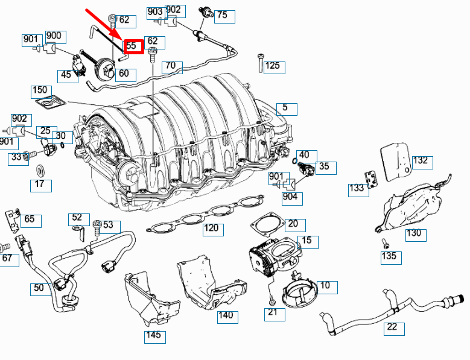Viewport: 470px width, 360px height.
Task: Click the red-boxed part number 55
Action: (x=133, y=46)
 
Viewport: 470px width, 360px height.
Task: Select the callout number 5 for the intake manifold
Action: (x=286, y=109)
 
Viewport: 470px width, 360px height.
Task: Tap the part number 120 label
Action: (x=211, y=229)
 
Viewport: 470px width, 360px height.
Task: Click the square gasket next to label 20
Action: (x=266, y=225)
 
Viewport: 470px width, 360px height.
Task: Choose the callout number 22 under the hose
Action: (x=392, y=328)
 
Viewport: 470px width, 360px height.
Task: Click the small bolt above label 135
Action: (x=384, y=242)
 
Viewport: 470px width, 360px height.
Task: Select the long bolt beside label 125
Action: (x=259, y=63)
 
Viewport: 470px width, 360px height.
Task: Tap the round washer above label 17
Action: (x=40, y=170)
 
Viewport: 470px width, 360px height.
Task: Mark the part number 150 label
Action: (x=40, y=91)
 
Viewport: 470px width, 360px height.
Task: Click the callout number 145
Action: (x=154, y=335)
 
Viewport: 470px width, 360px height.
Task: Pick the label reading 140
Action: (x=225, y=316)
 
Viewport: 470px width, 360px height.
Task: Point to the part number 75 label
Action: (x=221, y=15)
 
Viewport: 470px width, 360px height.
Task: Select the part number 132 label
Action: (x=420, y=160)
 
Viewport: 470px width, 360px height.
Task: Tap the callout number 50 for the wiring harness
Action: (x=39, y=288)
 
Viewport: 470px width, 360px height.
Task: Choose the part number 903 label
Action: (x=155, y=11)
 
